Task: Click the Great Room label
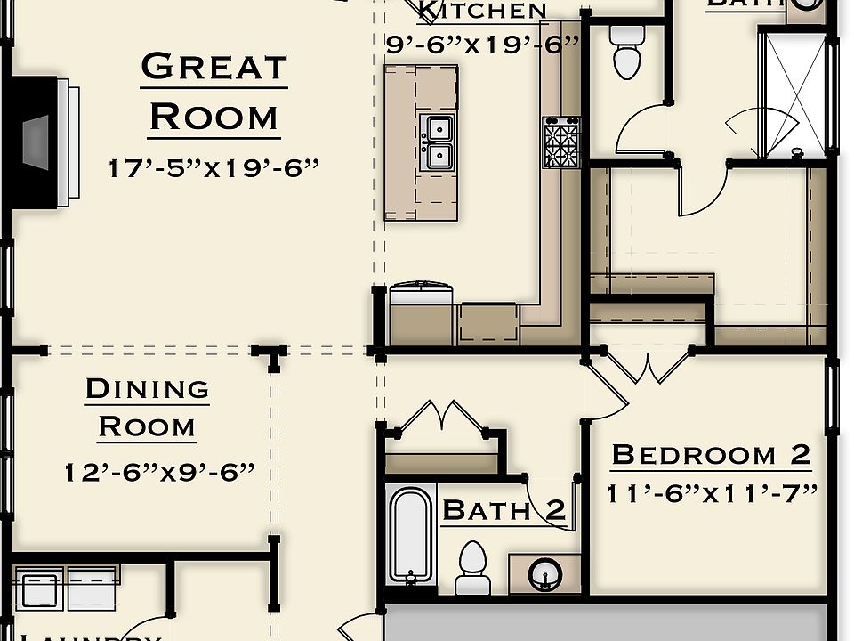click(x=213, y=92)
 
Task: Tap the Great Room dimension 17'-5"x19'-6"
click(x=213, y=168)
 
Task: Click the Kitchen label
click(x=482, y=11)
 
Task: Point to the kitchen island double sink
click(x=437, y=142)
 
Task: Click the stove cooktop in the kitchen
click(x=560, y=142)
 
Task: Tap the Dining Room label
click(x=147, y=407)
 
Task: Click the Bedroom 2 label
click(x=711, y=455)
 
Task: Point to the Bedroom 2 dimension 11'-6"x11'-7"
click(x=712, y=492)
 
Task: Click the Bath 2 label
click(x=504, y=510)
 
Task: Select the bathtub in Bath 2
click(x=410, y=534)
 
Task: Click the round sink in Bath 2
click(x=543, y=573)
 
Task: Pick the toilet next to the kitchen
click(x=627, y=52)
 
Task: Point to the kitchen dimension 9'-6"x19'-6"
click(x=482, y=43)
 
